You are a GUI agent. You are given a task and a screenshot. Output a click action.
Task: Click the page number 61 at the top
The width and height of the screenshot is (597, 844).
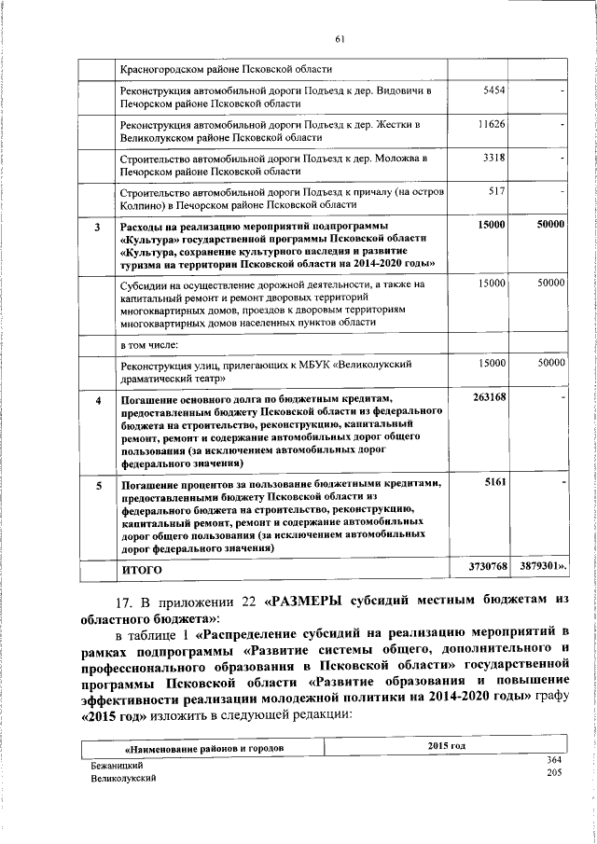pos(340,38)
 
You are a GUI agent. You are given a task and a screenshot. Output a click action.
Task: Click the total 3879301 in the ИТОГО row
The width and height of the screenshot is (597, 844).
pos(541,567)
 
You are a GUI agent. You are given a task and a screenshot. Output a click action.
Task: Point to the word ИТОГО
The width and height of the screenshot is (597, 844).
pos(142,568)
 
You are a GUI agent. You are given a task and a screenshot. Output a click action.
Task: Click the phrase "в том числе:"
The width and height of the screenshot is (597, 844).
pos(153,344)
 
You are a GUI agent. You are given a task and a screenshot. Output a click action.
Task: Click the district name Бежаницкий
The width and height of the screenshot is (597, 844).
pos(117,764)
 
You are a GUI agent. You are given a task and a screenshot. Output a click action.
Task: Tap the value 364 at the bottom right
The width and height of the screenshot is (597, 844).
pos(554,761)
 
